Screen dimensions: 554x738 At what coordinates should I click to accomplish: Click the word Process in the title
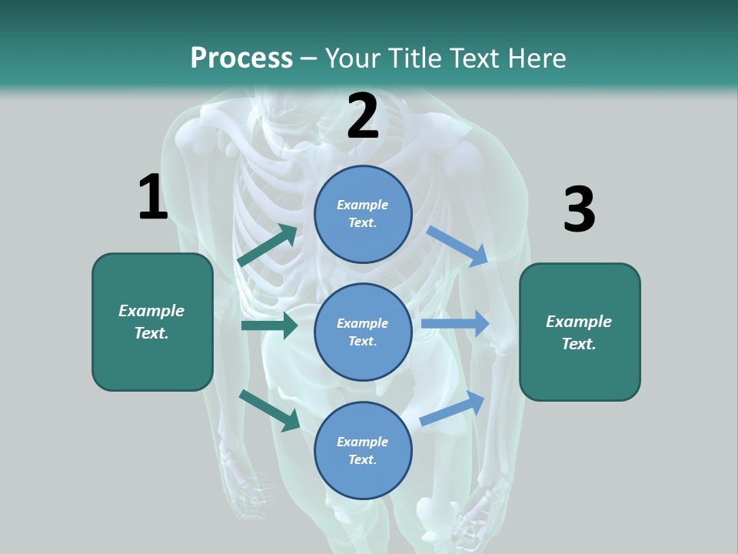coord(241,58)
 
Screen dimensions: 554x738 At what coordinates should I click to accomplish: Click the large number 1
coord(152,197)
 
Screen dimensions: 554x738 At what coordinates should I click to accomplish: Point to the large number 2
coord(363,116)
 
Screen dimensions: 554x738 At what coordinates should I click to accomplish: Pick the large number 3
coord(579,209)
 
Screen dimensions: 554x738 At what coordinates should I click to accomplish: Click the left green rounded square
coord(152,322)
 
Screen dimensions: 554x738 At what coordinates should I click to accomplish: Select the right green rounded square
coord(580,332)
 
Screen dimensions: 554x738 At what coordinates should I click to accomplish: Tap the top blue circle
coord(363,214)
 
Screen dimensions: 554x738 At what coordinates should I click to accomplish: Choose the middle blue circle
coord(363,332)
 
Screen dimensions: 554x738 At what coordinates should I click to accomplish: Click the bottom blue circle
coord(363,450)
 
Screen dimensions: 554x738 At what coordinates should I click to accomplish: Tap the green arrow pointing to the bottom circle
coord(269,410)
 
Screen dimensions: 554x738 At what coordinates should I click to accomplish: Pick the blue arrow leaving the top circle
coord(457,246)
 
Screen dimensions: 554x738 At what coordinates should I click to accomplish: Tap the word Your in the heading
coord(351,58)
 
